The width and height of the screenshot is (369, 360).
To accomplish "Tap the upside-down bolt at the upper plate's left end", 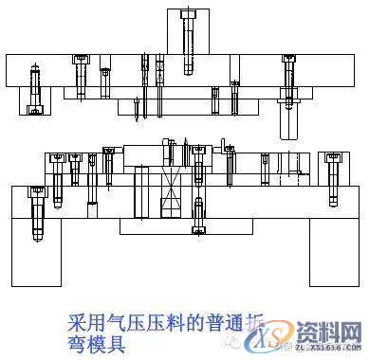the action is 35,89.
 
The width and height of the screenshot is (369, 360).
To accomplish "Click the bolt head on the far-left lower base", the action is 38,193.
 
